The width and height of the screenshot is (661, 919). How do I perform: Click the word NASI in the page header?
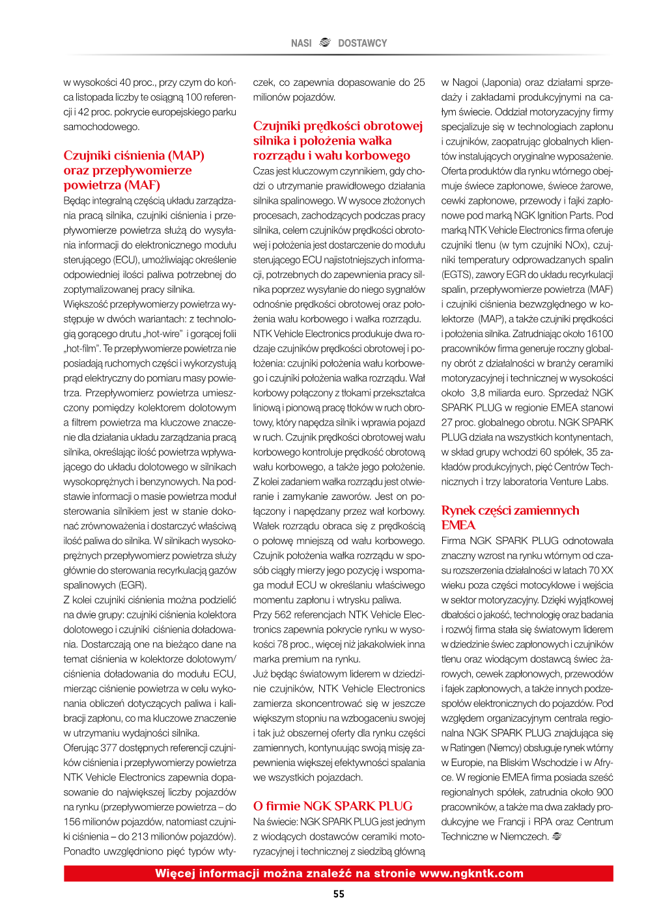coord(301,43)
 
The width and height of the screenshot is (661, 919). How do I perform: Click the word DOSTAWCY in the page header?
coord(362,43)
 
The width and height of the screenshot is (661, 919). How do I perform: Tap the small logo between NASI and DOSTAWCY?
coord(325,42)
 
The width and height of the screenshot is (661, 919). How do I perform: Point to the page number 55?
coord(339,894)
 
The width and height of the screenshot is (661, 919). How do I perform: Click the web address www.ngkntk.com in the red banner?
coord(471,873)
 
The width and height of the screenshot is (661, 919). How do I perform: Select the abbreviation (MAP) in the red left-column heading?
coord(186,156)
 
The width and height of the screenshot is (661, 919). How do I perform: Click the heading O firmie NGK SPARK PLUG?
coord(333,806)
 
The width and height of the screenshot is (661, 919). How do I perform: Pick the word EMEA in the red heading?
coord(458,525)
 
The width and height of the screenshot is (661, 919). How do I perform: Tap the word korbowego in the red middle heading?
coord(380,156)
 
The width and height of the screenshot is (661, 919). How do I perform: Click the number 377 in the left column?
coord(109,748)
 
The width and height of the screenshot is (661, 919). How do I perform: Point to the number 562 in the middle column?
coord(283,614)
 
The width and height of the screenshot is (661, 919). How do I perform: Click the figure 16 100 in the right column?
coord(600,334)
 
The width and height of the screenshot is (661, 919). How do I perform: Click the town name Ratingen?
coord(468,748)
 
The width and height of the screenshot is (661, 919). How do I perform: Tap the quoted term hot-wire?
coord(163,334)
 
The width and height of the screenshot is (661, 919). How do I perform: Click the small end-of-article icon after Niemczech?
coord(557,836)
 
